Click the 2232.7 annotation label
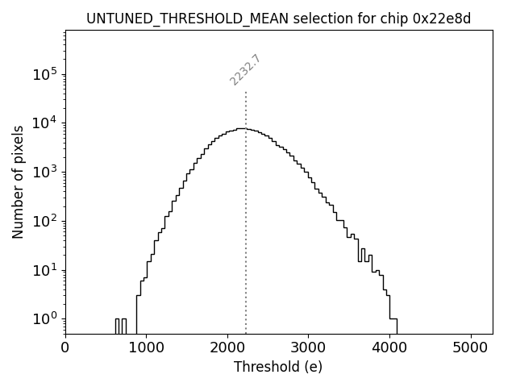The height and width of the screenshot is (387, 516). (x=245, y=70)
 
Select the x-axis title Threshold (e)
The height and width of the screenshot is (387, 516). (x=278, y=367)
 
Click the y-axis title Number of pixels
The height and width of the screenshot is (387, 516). (x=18, y=181)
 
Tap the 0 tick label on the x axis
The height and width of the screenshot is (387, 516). (x=65, y=348)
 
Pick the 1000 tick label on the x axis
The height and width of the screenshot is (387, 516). (x=147, y=348)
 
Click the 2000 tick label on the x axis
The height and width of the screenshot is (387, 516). (x=227, y=348)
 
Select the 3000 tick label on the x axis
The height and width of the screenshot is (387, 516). (x=309, y=348)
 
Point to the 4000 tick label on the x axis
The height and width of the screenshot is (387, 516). (x=389, y=348)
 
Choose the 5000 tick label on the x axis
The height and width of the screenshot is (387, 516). (x=471, y=348)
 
